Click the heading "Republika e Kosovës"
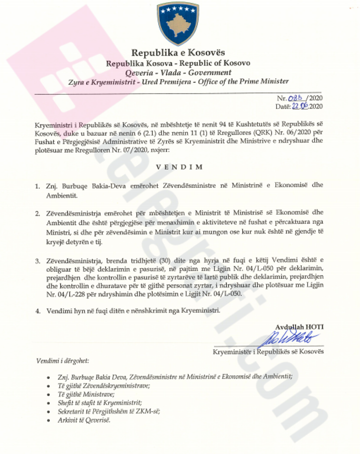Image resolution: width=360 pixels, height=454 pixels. point(178,53)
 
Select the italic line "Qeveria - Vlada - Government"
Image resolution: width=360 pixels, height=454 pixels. point(178,73)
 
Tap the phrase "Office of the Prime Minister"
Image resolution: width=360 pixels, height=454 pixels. point(243,81)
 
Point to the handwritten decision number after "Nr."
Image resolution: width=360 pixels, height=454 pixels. point(296,98)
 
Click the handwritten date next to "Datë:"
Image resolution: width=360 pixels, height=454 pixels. point(300,106)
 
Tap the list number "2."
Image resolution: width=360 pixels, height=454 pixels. point(37,213)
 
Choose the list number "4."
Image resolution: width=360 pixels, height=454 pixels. point(37,311)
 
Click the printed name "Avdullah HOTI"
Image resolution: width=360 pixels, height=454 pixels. point(299,327)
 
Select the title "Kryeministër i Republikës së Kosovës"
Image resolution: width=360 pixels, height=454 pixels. point(268,352)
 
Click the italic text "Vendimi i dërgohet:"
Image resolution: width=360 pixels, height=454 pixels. point(62,361)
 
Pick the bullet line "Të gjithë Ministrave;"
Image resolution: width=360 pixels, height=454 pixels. point(86,394)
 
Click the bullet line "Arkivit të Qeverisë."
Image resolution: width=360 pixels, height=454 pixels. point(84,420)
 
